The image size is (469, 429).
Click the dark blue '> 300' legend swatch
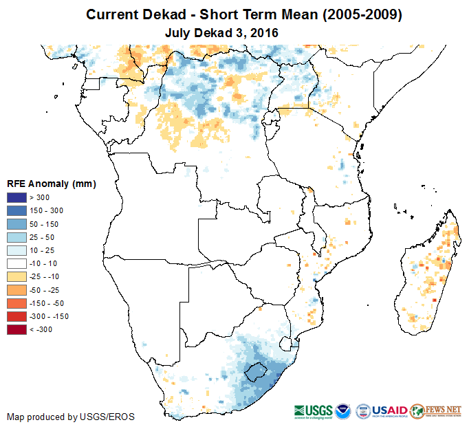click(x=16, y=198)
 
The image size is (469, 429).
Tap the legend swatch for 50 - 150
click(x=16, y=224)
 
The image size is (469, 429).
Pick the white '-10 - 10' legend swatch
click(x=16, y=263)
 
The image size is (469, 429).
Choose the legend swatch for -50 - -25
click(x=16, y=289)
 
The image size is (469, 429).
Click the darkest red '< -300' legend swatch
click(x=16, y=329)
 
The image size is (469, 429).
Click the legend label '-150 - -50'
click(x=45, y=303)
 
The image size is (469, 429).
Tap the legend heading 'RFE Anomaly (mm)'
click(x=51, y=184)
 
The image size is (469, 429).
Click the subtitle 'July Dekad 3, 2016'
click(x=221, y=32)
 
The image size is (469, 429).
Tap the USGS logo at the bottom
click(x=314, y=410)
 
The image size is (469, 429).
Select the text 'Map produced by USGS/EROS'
click(x=71, y=417)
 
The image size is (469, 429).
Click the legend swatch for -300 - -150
click(x=16, y=316)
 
